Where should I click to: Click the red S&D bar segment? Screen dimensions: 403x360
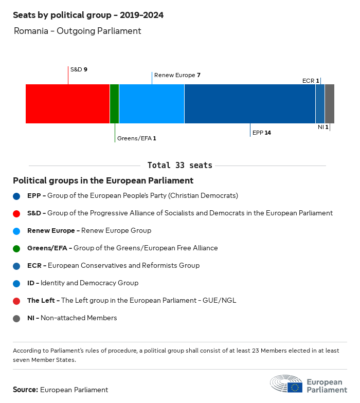point(67,104)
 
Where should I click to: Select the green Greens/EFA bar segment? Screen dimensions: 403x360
point(114,104)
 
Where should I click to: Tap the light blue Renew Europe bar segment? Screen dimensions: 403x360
point(151,104)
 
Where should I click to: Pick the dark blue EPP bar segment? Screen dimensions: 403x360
point(249,104)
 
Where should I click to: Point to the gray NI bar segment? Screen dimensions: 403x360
point(330,104)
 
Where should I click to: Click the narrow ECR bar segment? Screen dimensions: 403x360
point(320,104)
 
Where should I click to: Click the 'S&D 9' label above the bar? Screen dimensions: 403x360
point(79,69)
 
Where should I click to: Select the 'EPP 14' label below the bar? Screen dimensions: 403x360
point(262,133)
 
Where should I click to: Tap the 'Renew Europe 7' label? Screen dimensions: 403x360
point(177,75)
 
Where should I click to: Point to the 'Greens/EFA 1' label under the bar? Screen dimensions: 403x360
point(136,138)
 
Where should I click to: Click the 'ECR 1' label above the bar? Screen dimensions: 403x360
point(311,81)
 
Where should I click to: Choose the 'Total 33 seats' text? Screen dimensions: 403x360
point(179,166)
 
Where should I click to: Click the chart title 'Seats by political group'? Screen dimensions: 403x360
point(88,15)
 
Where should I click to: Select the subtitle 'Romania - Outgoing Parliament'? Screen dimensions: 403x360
point(77,31)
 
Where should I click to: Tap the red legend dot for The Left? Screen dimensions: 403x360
point(16,301)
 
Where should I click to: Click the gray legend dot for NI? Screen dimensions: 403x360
point(16,318)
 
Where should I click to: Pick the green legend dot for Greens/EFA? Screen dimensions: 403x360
point(16,248)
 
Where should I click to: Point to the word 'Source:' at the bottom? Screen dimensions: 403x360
point(25,390)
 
